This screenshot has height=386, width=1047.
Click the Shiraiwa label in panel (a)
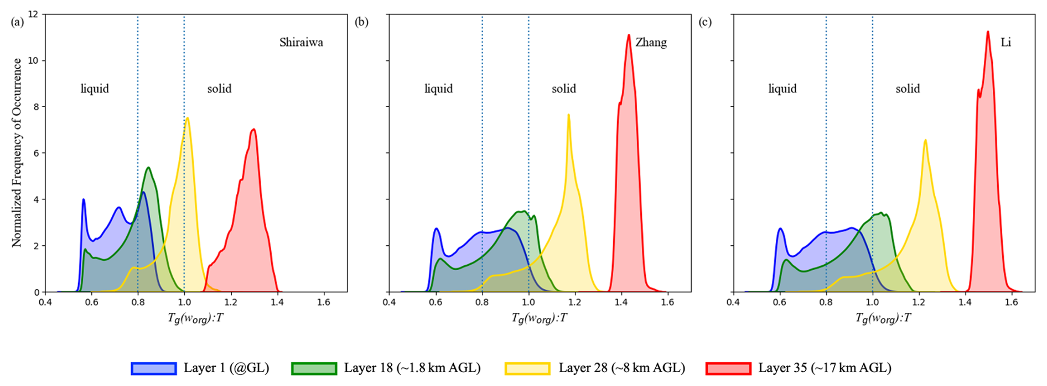coord(301,43)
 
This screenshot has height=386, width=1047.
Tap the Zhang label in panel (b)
coord(651,43)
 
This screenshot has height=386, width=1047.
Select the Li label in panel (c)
coord(1005,43)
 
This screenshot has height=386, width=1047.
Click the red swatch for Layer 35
coord(728,368)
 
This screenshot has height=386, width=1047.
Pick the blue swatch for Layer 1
coord(154,368)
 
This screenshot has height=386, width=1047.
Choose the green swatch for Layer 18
coord(314,368)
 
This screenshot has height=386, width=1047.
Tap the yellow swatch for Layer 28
coord(527,368)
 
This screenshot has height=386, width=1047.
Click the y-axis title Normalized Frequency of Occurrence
coord(17,152)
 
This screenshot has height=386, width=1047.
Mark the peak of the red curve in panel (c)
coord(988,32)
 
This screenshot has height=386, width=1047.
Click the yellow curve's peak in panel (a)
coord(188,118)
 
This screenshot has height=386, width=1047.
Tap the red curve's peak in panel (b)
coord(629,35)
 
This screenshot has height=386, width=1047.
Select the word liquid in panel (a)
coord(95,89)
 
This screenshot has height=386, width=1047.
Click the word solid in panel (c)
coord(908,89)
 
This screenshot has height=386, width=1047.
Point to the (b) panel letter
coord(361,22)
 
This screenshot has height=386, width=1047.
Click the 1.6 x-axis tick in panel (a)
coord(324,302)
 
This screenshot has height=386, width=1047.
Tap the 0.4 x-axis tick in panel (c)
coord(733,302)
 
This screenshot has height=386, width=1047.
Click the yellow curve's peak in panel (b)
coord(568,115)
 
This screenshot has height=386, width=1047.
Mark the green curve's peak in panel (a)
coord(148,167)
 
